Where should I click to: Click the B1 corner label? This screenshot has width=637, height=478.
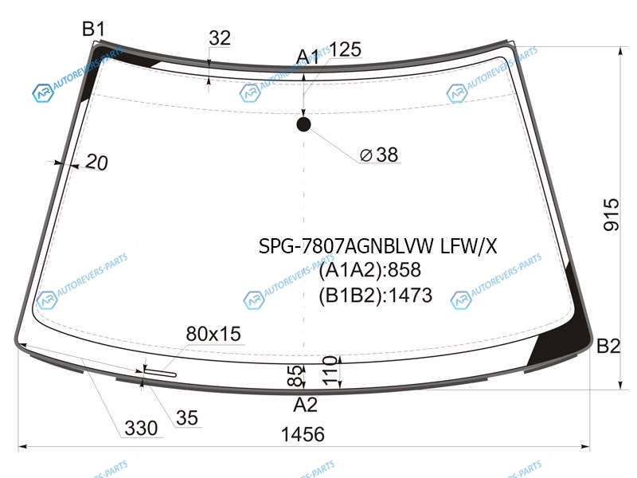[93, 29]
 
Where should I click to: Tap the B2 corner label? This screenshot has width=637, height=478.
[608, 347]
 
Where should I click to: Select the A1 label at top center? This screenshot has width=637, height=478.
[307, 57]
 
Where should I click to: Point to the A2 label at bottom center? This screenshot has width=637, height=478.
[305, 405]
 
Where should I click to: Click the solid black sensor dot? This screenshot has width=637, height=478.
[304, 124]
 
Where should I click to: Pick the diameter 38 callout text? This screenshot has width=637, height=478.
[379, 155]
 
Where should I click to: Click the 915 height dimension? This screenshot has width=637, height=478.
[612, 215]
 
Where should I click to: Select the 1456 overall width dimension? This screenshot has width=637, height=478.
[303, 434]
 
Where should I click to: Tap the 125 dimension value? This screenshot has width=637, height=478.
[345, 49]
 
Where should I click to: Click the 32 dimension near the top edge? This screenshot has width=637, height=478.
[220, 38]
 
